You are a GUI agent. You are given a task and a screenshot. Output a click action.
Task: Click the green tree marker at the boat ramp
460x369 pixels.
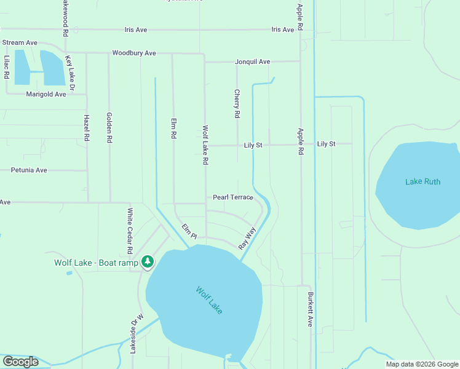pyautogui.click(x=147, y=263)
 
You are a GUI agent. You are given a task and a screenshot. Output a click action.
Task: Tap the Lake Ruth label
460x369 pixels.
pyautogui.click(x=422, y=181)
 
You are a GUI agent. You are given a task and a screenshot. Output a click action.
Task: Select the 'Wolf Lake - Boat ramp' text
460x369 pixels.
pyautogui.click(x=96, y=263)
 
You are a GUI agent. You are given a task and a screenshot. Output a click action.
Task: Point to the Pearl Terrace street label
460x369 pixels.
pyautogui.click(x=233, y=197)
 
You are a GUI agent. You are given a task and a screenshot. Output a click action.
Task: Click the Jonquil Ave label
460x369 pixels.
pyautogui.click(x=252, y=62)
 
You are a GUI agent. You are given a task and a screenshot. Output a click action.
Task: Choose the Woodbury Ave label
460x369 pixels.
pyautogui.click(x=133, y=54)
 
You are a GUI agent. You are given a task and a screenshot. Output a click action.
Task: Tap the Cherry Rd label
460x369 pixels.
pyautogui.click(x=237, y=103)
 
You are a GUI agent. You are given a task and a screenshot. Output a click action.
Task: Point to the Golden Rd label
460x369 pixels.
pyautogui.click(x=109, y=127)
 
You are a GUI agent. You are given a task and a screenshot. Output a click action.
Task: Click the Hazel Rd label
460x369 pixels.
pyautogui.click(x=87, y=129)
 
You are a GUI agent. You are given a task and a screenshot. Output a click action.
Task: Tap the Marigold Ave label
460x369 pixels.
pyautogui.click(x=46, y=95)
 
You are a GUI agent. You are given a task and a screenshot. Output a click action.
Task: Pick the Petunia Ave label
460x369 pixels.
pyautogui.click(x=28, y=170)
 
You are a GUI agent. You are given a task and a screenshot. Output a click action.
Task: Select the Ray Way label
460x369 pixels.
pyautogui.click(x=247, y=238)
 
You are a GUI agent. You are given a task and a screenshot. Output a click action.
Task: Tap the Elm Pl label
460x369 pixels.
pyautogui.click(x=189, y=231)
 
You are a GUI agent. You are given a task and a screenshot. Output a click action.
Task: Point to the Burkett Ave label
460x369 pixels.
pyautogui.click(x=311, y=309)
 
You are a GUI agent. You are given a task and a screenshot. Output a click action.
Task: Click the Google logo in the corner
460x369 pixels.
pyautogui.click(x=20, y=362)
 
